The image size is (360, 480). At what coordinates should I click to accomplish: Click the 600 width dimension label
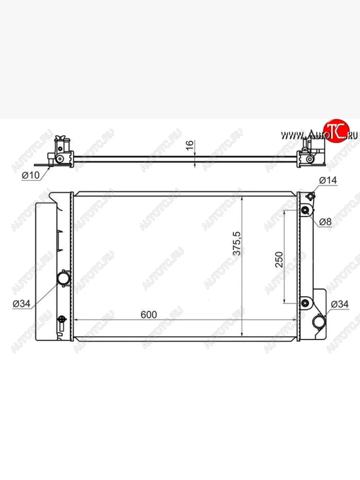(x=149, y=315)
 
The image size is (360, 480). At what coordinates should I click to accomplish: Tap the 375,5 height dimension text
(x=237, y=243)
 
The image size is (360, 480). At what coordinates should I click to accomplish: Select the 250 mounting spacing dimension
(x=279, y=260)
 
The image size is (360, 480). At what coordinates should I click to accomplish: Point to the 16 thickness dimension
(x=190, y=145)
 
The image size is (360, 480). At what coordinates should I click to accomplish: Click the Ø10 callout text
(x=31, y=175)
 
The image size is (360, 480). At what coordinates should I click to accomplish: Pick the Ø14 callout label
(x=328, y=180)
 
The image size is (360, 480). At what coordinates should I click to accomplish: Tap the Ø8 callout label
(x=326, y=222)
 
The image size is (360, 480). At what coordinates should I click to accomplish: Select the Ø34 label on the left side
(x=22, y=304)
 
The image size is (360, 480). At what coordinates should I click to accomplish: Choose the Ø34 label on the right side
(x=340, y=304)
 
